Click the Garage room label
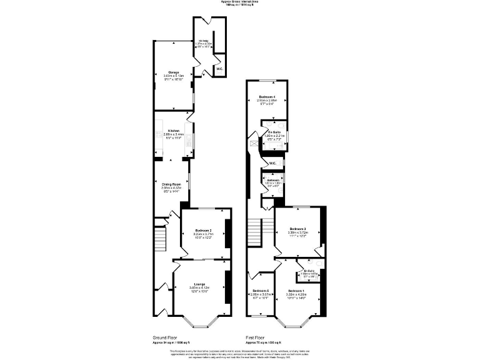pyautogui.click(x=164, y=72)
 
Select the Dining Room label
pyautogui.click(x=171, y=184)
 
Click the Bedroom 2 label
pyautogui.click(x=202, y=230)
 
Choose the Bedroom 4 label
pyautogui.click(x=267, y=97)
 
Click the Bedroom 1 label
pyautogui.click(x=296, y=291)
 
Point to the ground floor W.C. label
pyautogui.click(x=219, y=69)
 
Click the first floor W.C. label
pyautogui.click(x=272, y=164)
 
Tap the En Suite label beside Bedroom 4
pyautogui.click(x=275, y=132)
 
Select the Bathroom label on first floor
pyautogui.click(x=273, y=180)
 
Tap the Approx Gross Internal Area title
pyautogui.click(x=240, y=2)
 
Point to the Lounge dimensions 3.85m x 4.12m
pyautogui.click(x=199, y=287)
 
